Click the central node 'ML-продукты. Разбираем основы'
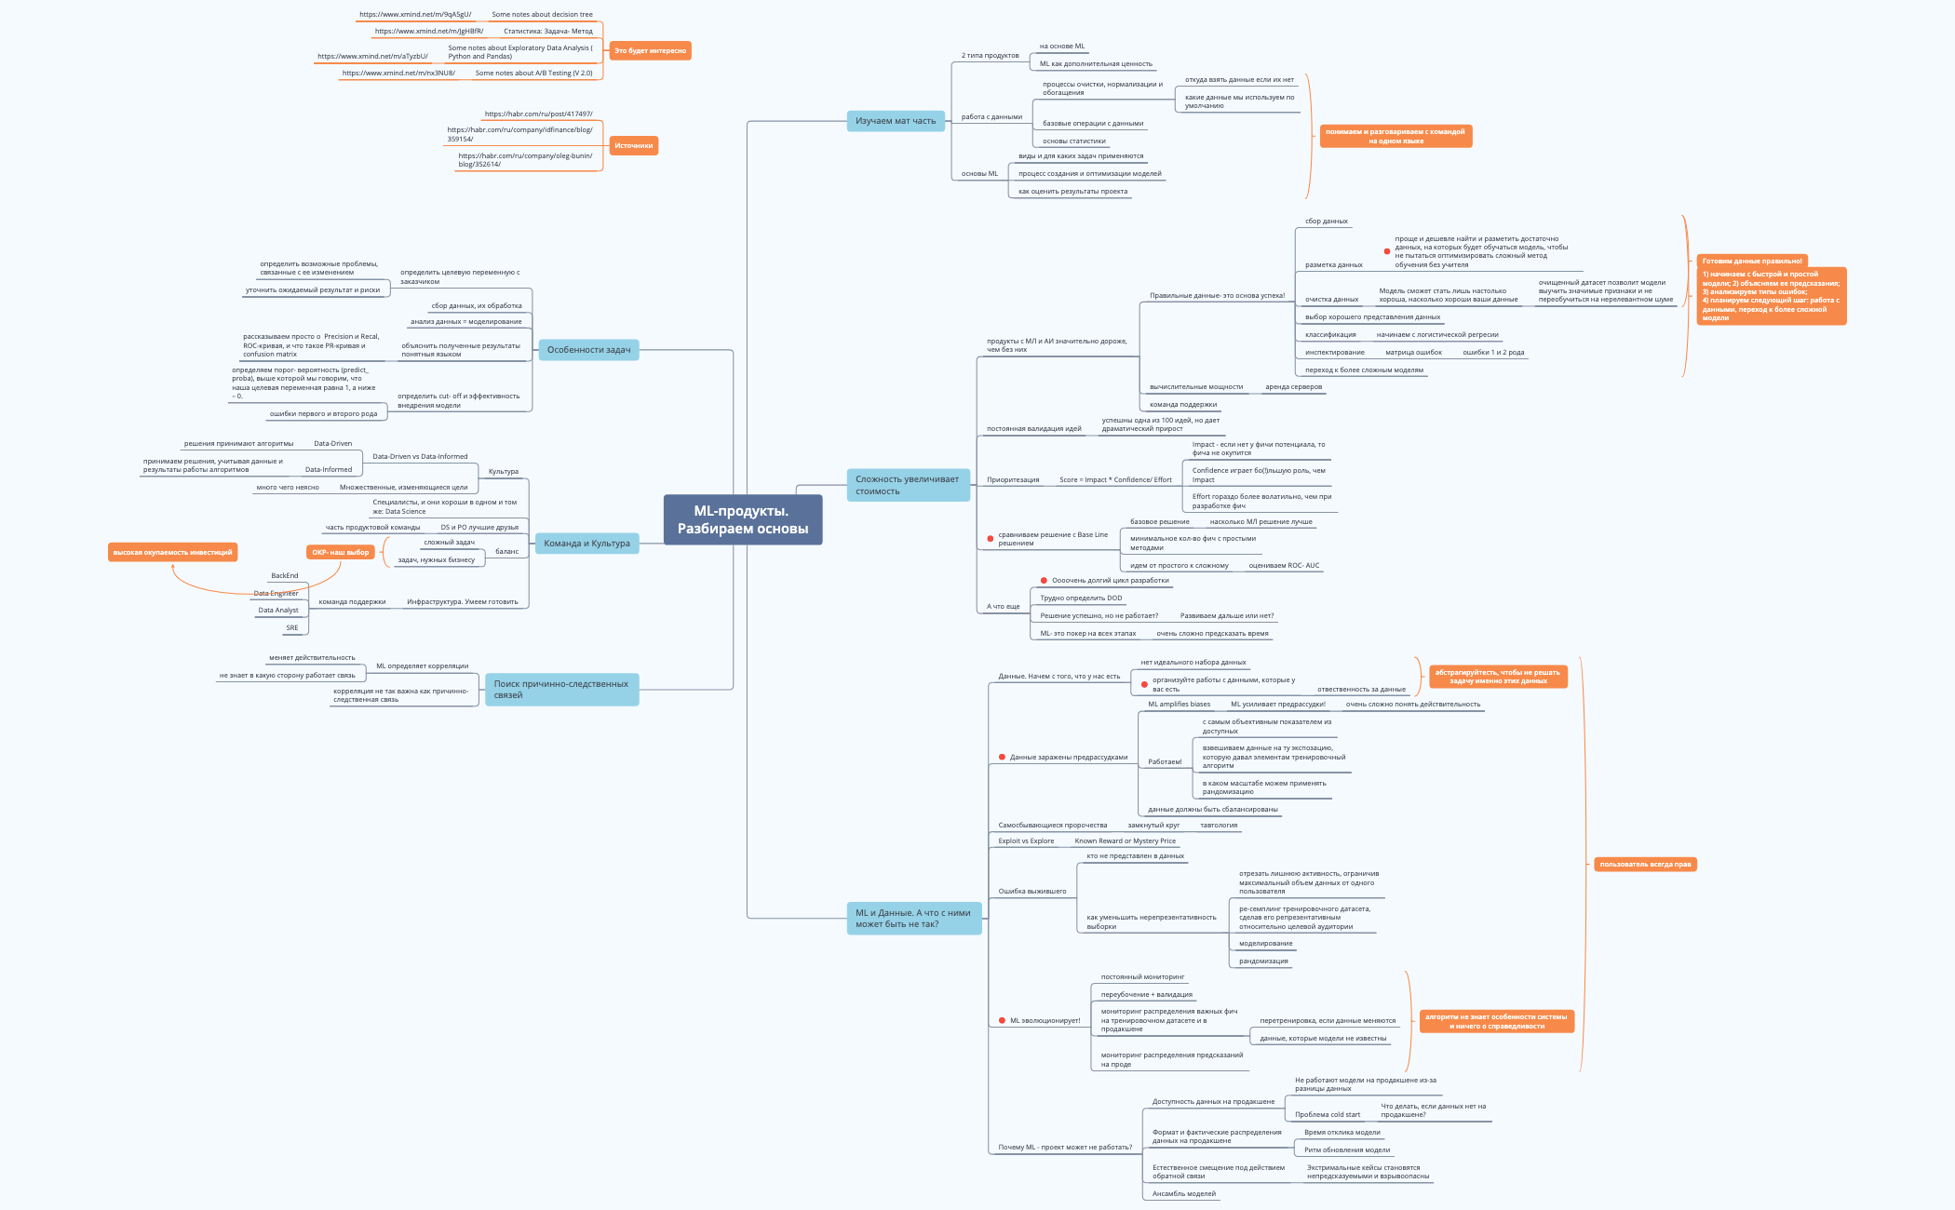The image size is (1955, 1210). (742, 519)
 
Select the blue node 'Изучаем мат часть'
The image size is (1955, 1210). (895, 121)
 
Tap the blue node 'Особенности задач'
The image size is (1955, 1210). (588, 350)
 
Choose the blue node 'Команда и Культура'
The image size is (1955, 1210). (586, 544)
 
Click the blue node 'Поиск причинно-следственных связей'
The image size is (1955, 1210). (560, 690)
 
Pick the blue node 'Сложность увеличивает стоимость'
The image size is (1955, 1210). (907, 485)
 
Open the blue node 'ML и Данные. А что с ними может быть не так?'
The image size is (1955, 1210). (912, 919)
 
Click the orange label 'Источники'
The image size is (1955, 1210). (633, 146)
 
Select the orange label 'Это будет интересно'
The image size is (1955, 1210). (650, 51)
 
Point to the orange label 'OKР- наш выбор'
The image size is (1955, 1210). (340, 553)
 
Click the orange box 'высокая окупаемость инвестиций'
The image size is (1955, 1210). (172, 553)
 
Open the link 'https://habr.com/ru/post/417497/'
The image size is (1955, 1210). (538, 114)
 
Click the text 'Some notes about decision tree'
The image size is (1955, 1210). (542, 15)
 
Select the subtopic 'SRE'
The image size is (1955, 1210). (292, 628)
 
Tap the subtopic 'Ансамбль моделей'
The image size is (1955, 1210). (1183, 1194)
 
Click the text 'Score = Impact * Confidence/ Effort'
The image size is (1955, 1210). (1115, 480)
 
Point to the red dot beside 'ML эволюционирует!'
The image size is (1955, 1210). (1002, 1021)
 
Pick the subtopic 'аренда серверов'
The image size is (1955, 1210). (1293, 387)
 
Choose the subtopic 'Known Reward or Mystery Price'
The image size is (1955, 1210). (1125, 841)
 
